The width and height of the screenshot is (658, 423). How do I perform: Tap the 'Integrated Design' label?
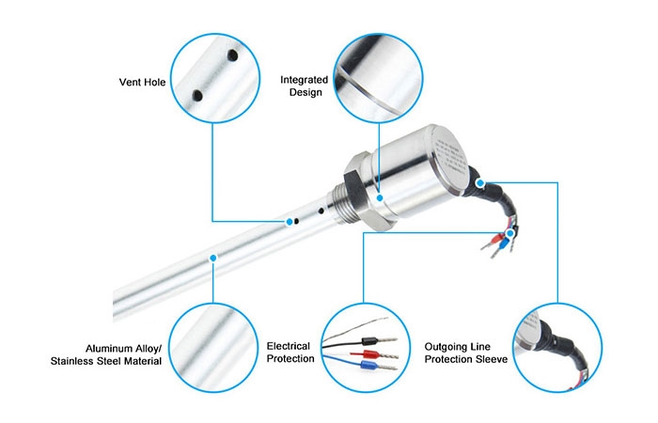(304, 86)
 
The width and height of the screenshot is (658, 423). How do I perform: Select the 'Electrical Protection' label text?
(290, 352)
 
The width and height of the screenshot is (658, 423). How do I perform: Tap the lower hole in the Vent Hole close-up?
(198, 95)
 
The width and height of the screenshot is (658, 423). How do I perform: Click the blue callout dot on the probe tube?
(213, 256)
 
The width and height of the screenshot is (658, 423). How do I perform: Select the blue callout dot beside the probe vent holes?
(289, 222)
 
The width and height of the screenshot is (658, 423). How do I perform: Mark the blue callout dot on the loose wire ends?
(510, 231)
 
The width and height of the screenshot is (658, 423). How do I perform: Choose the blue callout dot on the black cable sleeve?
(481, 184)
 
